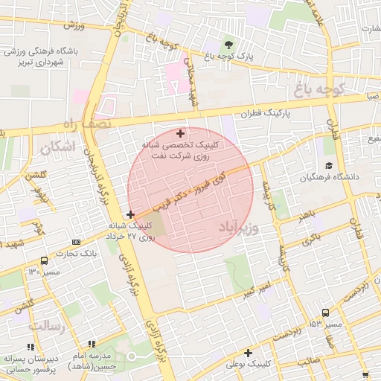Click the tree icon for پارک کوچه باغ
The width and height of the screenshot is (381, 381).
click(229, 42)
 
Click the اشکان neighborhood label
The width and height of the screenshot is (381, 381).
click(59, 147)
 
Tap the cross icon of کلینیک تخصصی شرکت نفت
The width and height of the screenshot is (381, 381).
click(180, 132)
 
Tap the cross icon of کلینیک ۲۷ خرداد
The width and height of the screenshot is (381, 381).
click(131, 214)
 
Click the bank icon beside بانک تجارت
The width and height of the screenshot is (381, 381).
click(77, 242)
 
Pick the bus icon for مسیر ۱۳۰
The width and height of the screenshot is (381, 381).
click(45, 260)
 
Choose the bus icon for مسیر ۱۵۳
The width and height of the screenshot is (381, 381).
click(325, 313)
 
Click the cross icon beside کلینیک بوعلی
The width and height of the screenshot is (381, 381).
click(248, 353)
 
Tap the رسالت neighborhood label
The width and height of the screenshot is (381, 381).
click(46, 326)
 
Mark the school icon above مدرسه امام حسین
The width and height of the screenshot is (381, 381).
click(92, 344)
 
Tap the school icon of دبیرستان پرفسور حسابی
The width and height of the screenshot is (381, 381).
click(31, 347)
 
